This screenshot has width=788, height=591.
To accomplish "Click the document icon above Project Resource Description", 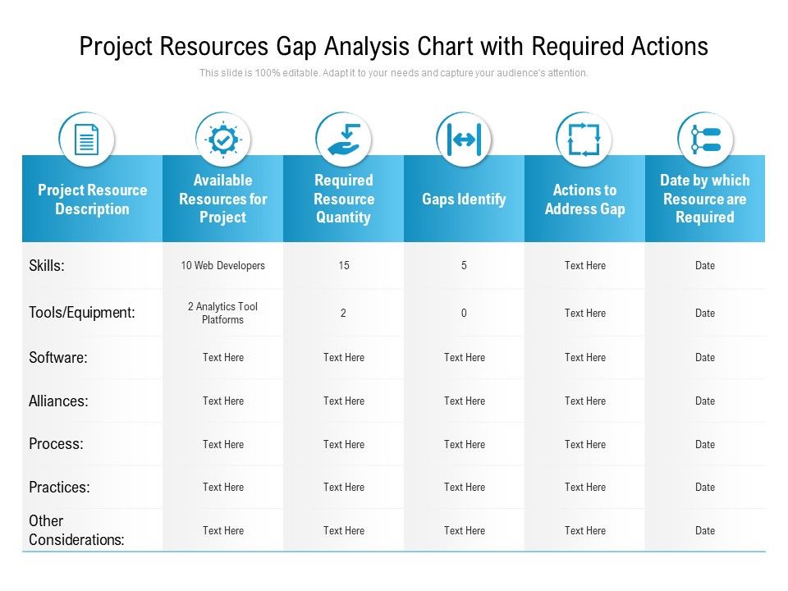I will [86, 140].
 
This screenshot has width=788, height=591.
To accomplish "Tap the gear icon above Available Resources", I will [222, 140].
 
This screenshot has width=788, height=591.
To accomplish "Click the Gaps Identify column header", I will [464, 199].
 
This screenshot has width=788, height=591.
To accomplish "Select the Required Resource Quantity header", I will [343, 199].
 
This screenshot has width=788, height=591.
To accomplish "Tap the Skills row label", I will [47, 266].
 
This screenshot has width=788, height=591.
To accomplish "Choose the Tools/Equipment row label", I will [81, 313].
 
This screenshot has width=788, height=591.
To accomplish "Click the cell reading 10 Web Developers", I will [222, 266].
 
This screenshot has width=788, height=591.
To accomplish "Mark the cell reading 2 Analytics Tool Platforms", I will [222, 313].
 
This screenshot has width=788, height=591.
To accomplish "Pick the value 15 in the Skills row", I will [343, 266].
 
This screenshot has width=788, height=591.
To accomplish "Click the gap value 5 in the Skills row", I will [464, 266].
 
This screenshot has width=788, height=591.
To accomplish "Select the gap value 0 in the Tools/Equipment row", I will [464, 313].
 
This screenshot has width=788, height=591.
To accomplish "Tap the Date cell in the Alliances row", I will [704, 401].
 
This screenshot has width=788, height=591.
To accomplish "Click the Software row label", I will [58, 358].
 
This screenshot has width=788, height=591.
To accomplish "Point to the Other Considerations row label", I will [76, 530].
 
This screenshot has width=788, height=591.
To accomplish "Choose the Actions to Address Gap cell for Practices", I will [584, 488].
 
